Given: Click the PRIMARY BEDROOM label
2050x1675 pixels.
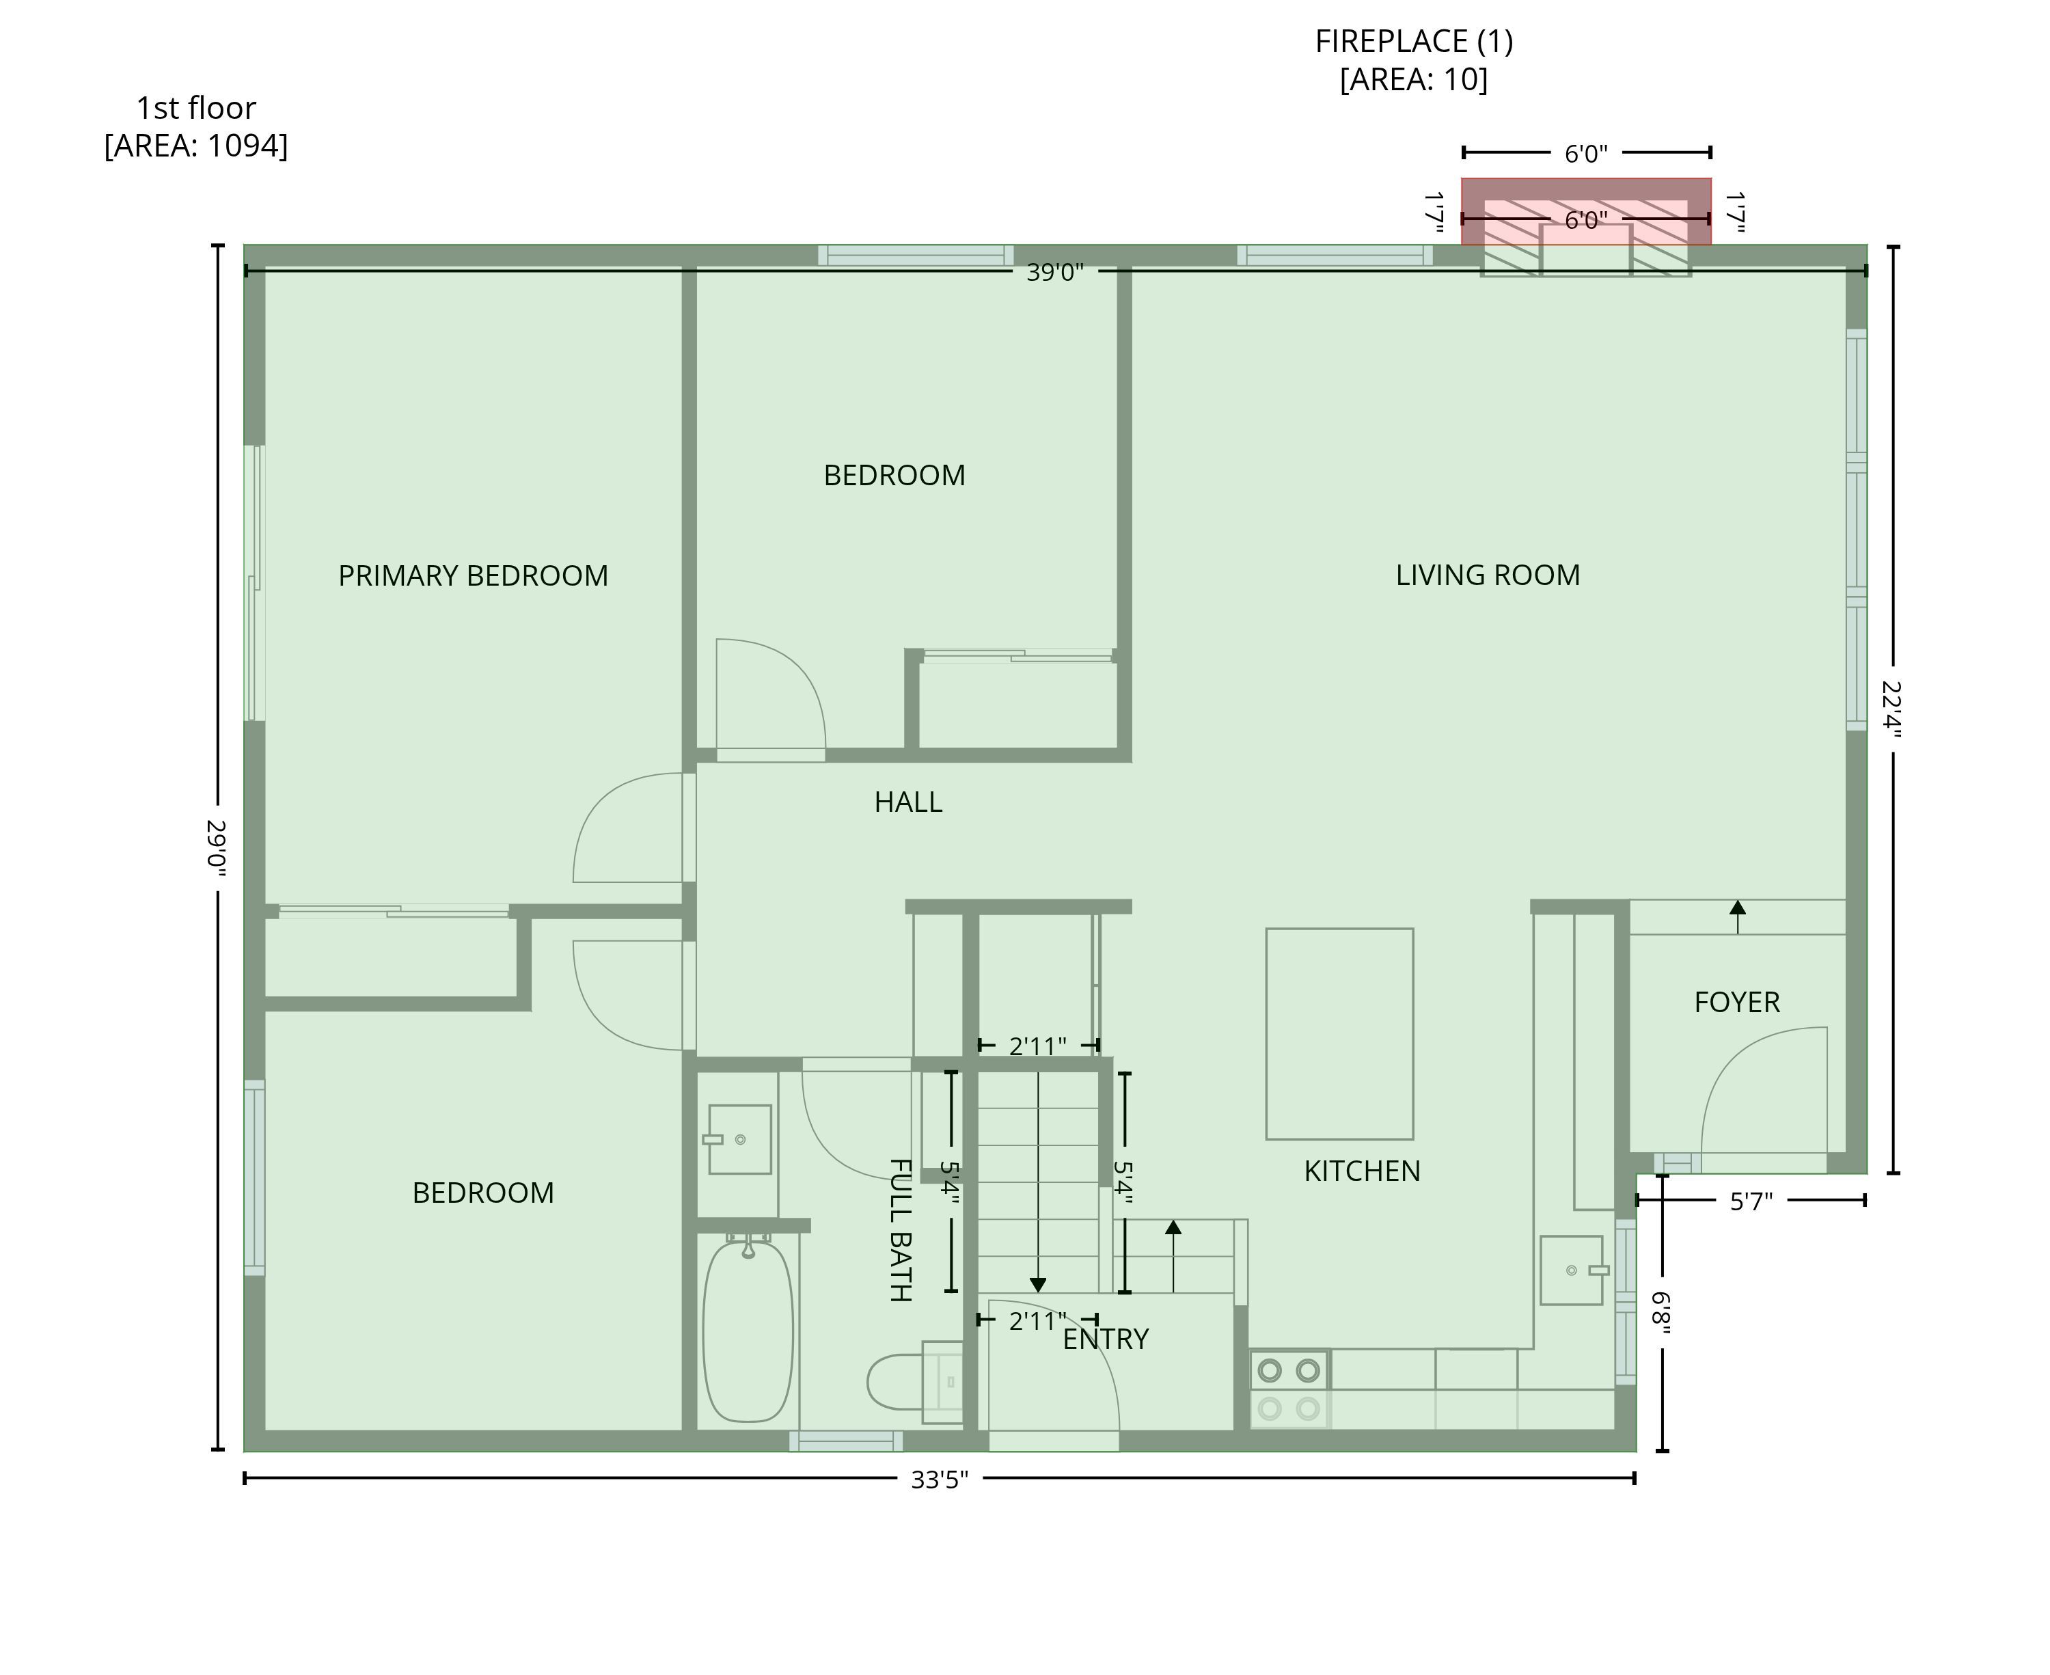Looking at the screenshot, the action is pyautogui.click(x=473, y=576).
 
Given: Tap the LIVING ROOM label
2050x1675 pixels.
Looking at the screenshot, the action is pyautogui.click(x=1488, y=575).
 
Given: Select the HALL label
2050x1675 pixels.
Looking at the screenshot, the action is pyautogui.click(x=907, y=802).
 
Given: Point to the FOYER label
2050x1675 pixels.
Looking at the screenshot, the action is pyautogui.click(x=1736, y=1003).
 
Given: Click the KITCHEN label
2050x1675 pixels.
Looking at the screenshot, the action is pyautogui.click(x=1362, y=1171).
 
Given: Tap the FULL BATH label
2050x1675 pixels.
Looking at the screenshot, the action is pyautogui.click(x=899, y=1230).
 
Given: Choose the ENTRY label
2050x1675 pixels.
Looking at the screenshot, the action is pyautogui.click(x=1106, y=1339).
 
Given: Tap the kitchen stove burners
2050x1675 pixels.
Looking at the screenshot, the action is pyautogui.click(x=1289, y=1389).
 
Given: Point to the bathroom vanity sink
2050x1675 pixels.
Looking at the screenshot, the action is pyautogui.click(x=738, y=1139).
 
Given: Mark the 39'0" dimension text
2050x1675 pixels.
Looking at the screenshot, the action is pyautogui.click(x=1054, y=272).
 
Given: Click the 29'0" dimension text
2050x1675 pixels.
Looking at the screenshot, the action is pyautogui.click(x=217, y=848).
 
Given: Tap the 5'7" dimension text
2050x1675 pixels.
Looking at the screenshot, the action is pyautogui.click(x=1751, y=1201).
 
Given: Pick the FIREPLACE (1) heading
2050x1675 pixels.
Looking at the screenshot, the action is pyautogui.click(x=1414, y=42).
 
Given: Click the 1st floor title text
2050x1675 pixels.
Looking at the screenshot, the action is pyautogui.click(x=196, y=108).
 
